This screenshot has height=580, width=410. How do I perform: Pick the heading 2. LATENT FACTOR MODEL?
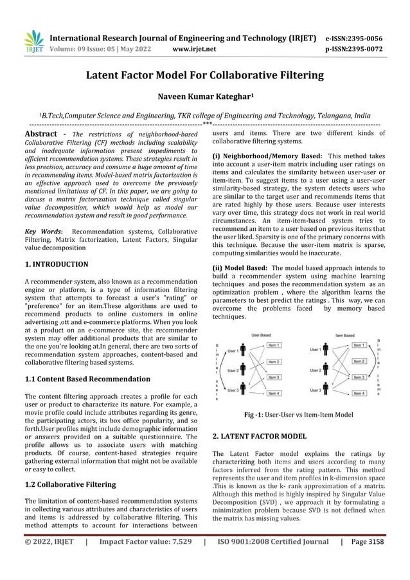click(x=259, y=436)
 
